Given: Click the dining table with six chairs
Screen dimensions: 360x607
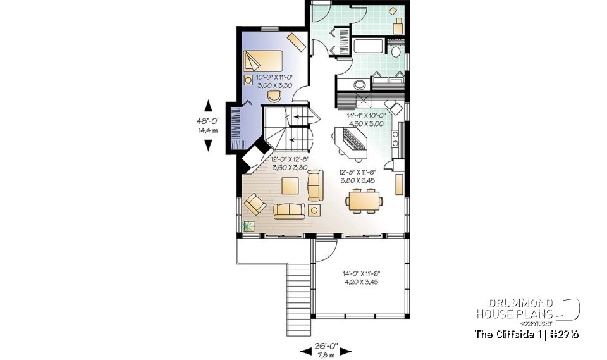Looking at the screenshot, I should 364,202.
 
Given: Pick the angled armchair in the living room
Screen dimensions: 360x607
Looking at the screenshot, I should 255,204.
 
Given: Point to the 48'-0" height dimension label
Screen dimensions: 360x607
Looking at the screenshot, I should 207,126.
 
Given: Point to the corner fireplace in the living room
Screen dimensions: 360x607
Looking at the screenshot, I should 255,159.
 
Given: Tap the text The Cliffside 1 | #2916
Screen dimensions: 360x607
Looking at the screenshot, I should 527,334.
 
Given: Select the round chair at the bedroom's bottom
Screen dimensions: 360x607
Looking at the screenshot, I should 274,96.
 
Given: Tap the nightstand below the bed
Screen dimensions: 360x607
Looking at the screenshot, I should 248,80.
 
